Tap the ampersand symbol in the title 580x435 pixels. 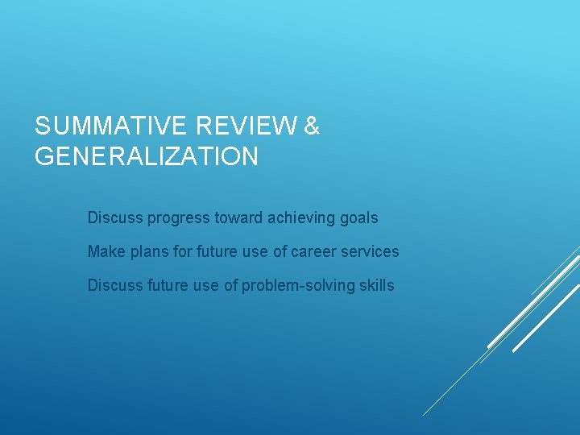(313, 126)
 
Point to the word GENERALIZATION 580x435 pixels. (147, 156)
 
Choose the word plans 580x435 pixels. (150, 252)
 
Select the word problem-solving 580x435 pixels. (300, 286)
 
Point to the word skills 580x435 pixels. (375, 285)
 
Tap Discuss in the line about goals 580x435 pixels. (114, 217)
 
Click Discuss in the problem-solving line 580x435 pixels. (114, 285)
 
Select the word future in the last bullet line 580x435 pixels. (168, 285)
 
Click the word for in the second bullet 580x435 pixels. (181, 251)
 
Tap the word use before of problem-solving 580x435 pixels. (207, 286)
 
